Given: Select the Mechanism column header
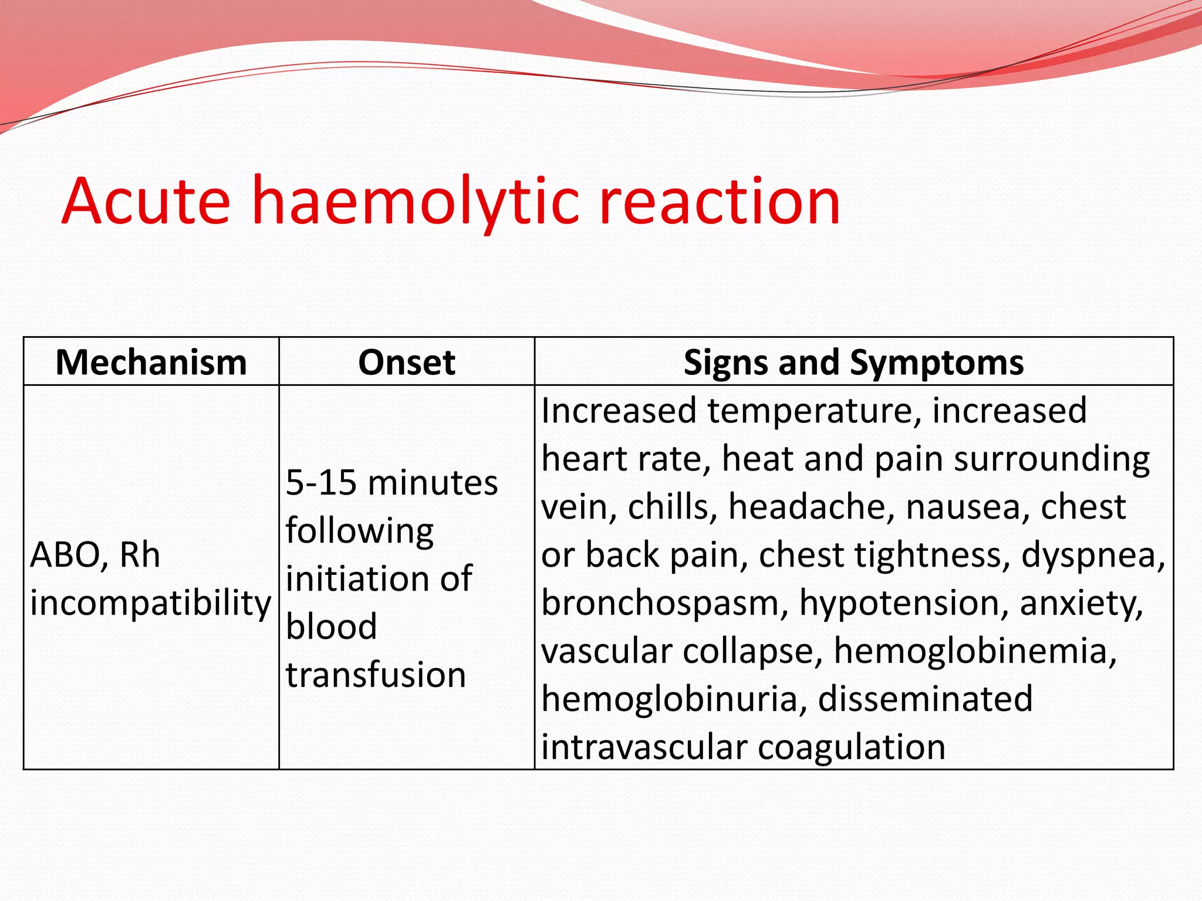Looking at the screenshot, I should (x=151, y=362).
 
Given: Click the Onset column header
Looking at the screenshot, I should (x=406, y=362).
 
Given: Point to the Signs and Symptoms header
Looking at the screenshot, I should (x=853, y=362).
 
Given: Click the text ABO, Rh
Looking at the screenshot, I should (x=94, y=554).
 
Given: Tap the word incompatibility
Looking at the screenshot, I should (x=151, y=602).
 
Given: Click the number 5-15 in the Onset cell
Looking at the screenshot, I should (x=321, y=483).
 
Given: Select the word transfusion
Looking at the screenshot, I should (x=376, y=675).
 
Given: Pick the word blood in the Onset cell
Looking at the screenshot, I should (x=331, y=626).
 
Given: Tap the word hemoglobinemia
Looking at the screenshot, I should (x=974, y=651).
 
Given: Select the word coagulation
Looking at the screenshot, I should (x=851, y=747).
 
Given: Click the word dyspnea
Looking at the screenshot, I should (x=1092, y=555).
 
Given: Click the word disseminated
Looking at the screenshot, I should (x=925, y=699).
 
